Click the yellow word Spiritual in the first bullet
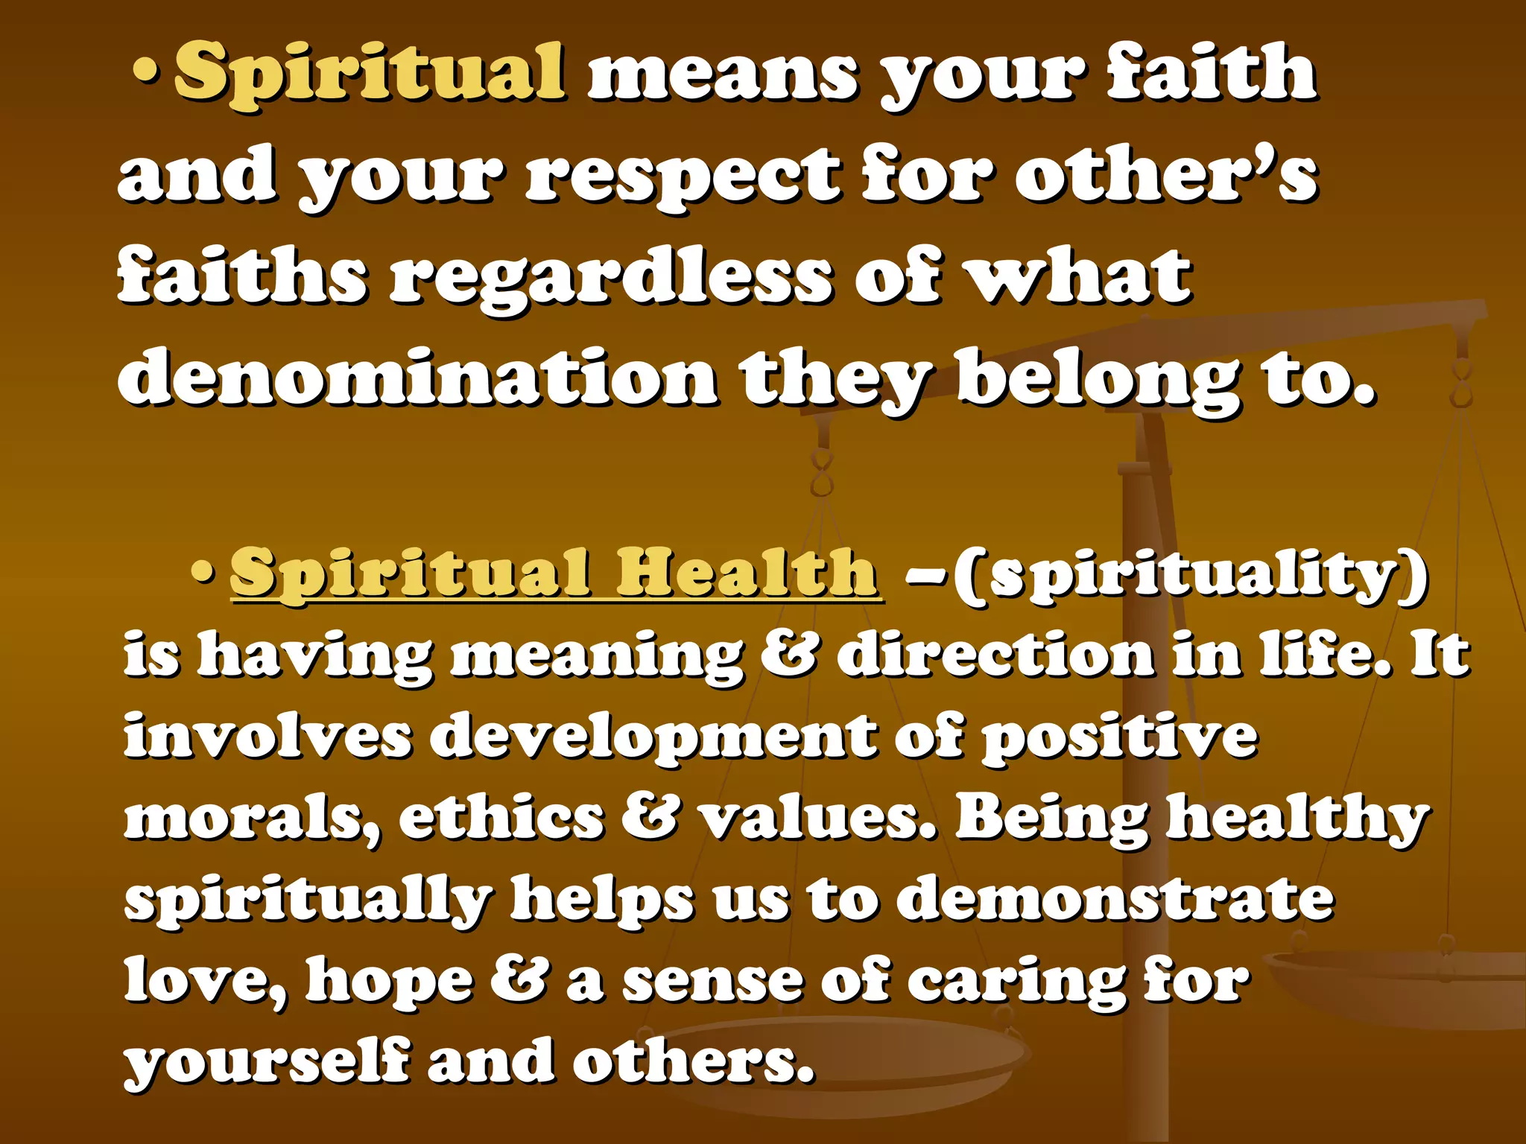[369, 72]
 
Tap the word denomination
[417, 378]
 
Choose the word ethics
[501, 819]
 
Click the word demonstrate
[1114, 898]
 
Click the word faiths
[242, 277]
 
